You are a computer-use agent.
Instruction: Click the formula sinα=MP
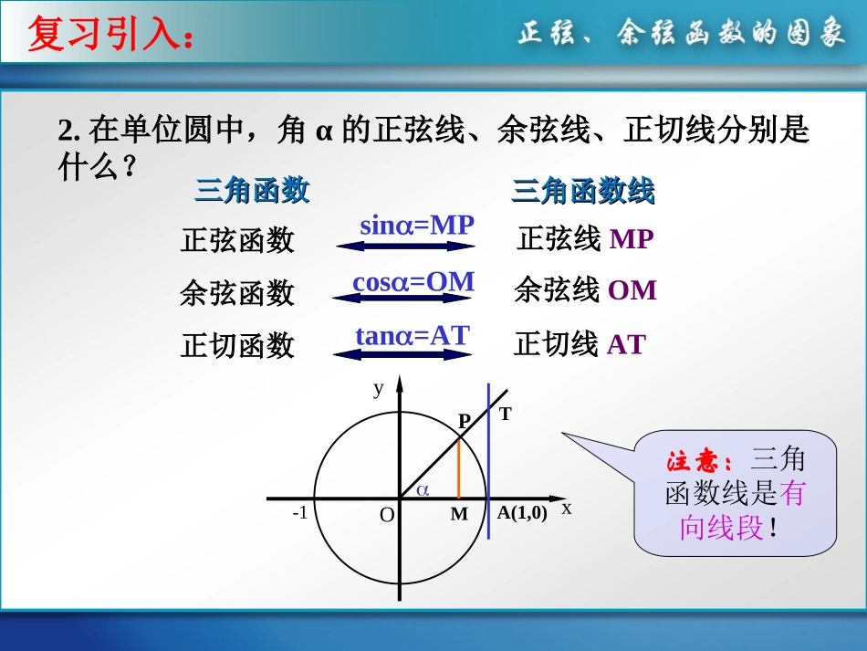click(x=417, y=225)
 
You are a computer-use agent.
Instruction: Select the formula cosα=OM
click(x=413, y=282)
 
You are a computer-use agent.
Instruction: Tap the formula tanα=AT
click(x=412, y=336)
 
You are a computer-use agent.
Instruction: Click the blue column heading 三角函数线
click(x=582, y=191)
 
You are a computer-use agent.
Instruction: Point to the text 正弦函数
click(x=237, y=240)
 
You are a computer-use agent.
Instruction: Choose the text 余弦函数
click(x=237, y=293)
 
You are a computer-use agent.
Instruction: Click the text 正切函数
click(x=237, y=346)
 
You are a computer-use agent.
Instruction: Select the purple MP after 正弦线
click(x=632, y=239)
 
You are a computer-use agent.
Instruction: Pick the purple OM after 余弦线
click(x=632, y=290)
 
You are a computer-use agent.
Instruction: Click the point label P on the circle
click(x=464, y=421)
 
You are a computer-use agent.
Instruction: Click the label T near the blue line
click(x=506, y=414)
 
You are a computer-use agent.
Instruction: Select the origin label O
click(x=387, y=516)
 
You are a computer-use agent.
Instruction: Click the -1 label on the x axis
click(x=299, y=513)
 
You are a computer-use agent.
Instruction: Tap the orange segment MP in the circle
click(x=458, y=469)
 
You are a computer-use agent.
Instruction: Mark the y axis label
click(x=378, y=388)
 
